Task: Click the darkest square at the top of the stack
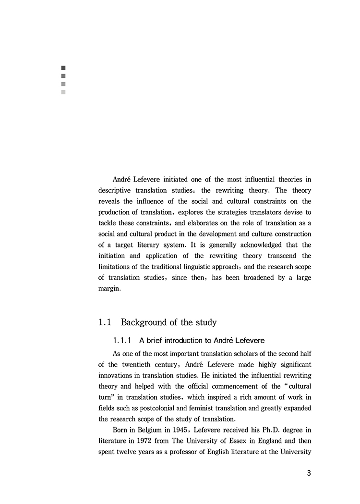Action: [63, 68]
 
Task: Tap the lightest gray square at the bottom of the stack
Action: [63, 92]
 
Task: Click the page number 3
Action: [309, 473]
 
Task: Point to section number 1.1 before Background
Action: [105, 322]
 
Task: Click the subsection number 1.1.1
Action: [123, 341]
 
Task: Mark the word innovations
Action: [118, 376]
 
